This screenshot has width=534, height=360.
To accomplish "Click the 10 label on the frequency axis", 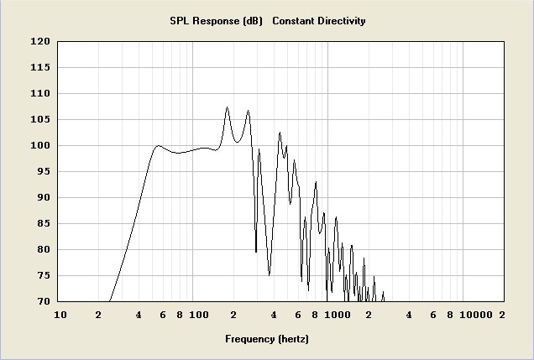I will pos(60,316).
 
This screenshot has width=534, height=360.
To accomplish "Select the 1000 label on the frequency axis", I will pos(337,316).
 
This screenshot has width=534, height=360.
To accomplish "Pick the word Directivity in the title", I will pos(339,21).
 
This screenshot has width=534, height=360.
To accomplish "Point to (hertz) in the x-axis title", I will pos(293,339).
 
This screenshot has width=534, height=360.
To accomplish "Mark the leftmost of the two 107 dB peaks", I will pos(227,107).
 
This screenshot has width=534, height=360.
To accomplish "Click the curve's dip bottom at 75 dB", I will pos(269,274).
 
